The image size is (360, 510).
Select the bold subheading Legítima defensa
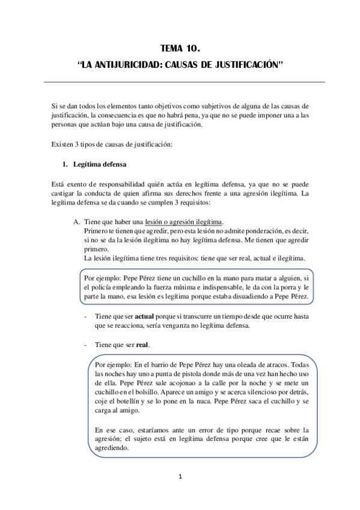(99, 164)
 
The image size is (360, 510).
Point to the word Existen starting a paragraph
(63, 144)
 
